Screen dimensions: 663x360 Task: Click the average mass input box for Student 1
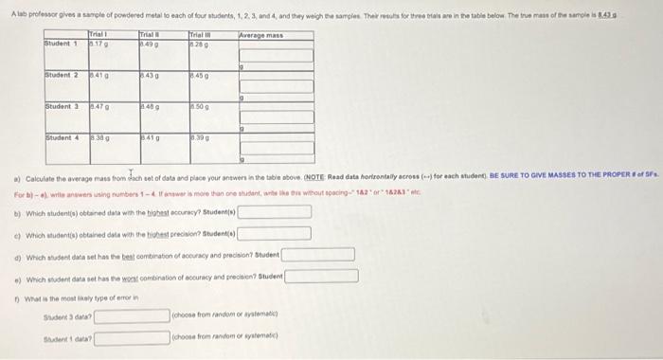pyautogui.click(x=278, y=55)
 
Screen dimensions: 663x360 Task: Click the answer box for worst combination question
pyautogui.click(x=323, y=276)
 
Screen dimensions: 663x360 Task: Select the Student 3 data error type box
pyautogui.click(x=132, y=315)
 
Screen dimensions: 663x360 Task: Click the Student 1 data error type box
pyautogui.click(x=132, y=336)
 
